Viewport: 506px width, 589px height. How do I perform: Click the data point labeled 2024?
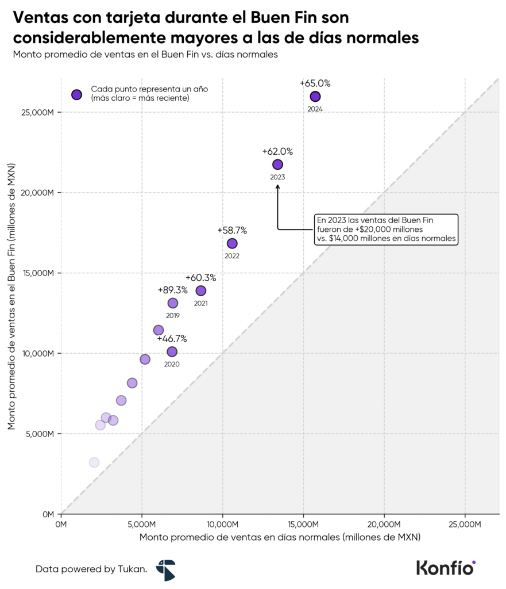[x=315, y=97]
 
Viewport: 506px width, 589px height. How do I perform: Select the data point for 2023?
[x=277, y=165]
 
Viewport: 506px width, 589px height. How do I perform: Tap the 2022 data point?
[x=232, y=243]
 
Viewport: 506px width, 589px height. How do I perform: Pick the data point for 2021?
[x=200, y=291]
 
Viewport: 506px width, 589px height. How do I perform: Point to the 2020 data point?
[x=172, y=351]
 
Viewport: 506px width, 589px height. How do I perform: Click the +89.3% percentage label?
[x=172, y=289]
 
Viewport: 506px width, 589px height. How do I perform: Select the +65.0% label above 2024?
[x=315, y=83]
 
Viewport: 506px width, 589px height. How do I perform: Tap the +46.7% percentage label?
[x=172, y=338]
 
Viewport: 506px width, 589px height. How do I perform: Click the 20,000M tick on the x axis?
[x=383, y=525]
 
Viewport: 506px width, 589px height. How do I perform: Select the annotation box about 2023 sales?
[x=386, y=230]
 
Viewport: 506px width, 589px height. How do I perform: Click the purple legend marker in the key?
[x=76, y=95]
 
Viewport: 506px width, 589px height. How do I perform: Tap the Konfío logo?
[x=446, y=567]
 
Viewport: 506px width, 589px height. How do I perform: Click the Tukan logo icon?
[x=166, y=569]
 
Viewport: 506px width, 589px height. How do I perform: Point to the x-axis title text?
[x=280, y=537]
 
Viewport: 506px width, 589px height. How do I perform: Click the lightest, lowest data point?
[x=94, y=462]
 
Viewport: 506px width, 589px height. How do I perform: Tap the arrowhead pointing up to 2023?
[x=277, y=186]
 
